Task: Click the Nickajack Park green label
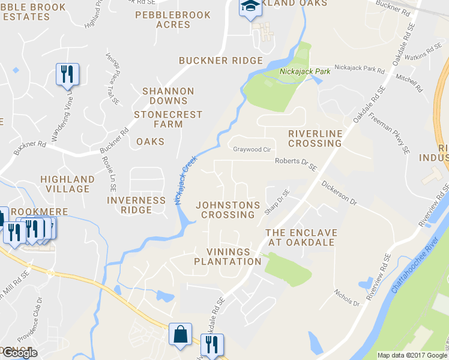(x=297, y=72)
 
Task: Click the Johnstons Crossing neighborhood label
(x=228, y=209)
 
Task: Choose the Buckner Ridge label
(x=221, y=61)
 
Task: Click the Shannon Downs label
(x=168, y=95)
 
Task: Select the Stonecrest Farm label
(x=167, y=119)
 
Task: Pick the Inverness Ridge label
(x=136, y=205)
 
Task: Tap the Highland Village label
(x=67, y=184)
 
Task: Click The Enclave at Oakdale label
(x=301, y=237)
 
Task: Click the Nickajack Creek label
(x=186, y=181)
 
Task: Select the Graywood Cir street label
(x=253, y=149)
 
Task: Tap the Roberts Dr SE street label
(x=295, y=164)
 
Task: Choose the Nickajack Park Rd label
(x=359, y=70)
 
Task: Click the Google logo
(x=20, y=353)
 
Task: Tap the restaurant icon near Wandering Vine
(x=66, y=75)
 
